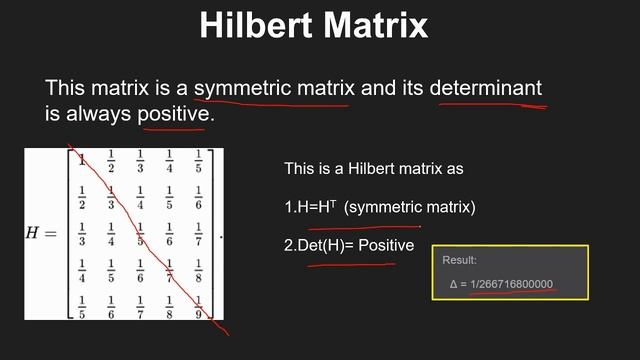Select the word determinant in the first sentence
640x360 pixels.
tap(486, 88)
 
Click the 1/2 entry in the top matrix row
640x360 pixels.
tap(110, 160)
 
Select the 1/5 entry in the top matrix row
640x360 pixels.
tap(198, 160)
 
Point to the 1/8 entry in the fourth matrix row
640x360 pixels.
tap(198, 270)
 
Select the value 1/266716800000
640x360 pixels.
tap(511, 285)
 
